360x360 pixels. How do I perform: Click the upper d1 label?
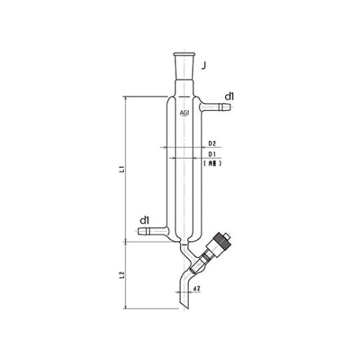(229, 95)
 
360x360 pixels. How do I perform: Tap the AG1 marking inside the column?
(184, 114)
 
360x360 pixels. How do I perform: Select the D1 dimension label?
(212, 155)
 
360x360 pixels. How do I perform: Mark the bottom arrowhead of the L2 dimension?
(127, 302)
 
